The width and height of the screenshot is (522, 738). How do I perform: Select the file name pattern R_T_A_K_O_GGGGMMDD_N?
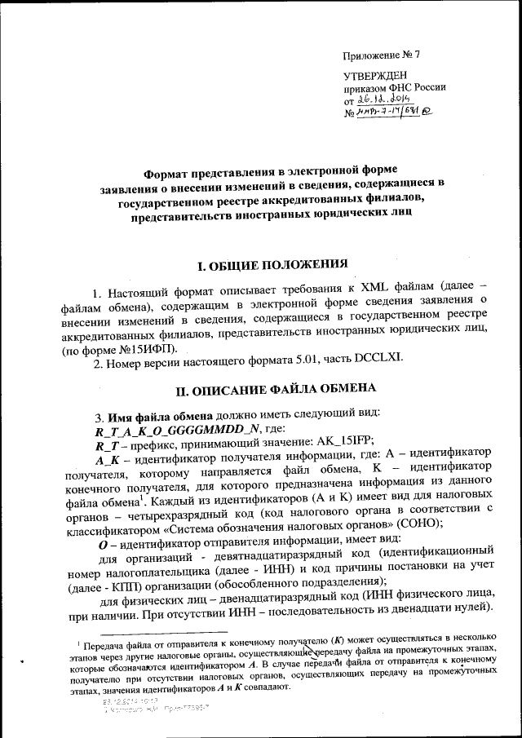(174, 431)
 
